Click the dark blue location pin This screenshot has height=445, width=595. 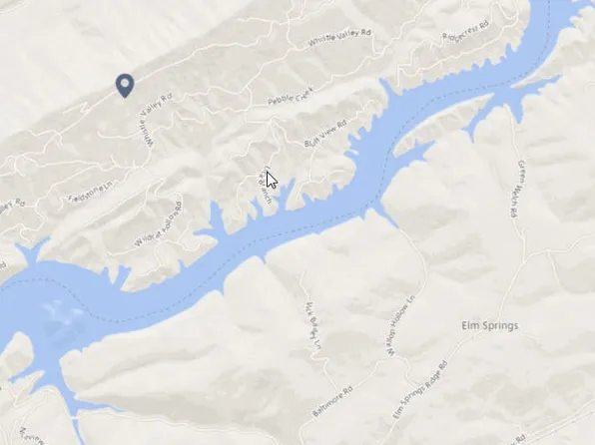(124, 85)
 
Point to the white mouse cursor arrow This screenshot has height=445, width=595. (271, 180)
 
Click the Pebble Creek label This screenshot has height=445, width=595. (291, 101)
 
